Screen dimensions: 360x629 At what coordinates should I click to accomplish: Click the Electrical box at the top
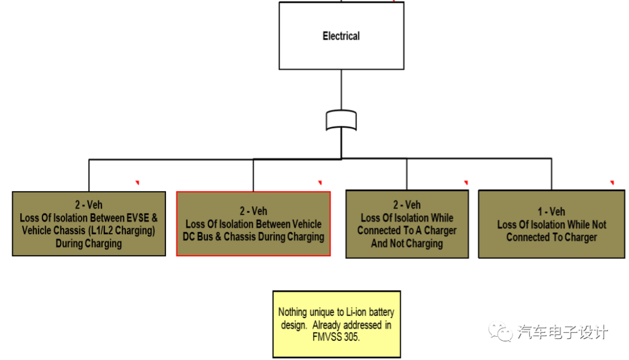click(341, 36)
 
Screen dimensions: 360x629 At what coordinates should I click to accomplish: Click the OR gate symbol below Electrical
click(341, 120)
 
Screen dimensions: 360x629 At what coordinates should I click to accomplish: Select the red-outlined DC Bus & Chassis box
click(253, 224)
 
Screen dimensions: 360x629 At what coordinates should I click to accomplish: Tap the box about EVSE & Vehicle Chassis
click(89, 224)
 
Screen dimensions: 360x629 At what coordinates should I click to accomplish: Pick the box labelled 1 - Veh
click(551, 224)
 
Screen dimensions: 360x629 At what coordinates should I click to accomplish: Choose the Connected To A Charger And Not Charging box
click(407, 224)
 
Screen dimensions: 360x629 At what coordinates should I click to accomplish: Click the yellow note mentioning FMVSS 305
click(337, 324)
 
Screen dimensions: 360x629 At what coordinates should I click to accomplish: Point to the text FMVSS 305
click(336, 337)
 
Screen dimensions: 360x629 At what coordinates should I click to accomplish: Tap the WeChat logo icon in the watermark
click(500, 332)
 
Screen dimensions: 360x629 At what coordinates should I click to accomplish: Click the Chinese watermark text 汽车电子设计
click(563, 332)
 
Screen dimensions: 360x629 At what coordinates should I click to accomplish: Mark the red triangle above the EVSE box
click(137, 183)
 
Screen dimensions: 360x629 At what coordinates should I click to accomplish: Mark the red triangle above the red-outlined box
click(320, 183)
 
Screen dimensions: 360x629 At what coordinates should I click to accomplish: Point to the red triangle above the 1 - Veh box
click(612, 183)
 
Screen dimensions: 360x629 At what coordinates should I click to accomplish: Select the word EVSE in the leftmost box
click(142, 218)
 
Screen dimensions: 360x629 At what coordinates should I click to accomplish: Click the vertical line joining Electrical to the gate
click(341, 90)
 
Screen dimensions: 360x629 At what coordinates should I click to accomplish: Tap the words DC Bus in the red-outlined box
click(202, 237)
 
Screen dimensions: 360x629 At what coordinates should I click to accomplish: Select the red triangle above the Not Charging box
click(466, 183)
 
